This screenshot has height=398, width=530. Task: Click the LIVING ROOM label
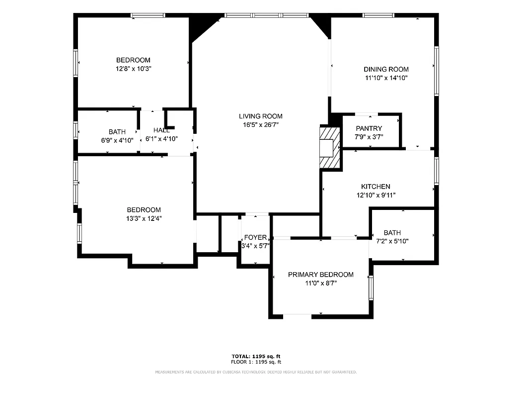click(260, 116)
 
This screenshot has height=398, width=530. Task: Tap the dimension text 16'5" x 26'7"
click(260, 125)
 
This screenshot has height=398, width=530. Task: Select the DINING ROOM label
click(386, 69)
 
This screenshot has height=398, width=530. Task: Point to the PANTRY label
click(369, 128)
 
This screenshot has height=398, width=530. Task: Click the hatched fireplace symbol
click(329, 148)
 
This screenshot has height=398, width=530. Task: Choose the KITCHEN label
click(375, 187)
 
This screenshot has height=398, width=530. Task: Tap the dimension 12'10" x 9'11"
click(375, 196)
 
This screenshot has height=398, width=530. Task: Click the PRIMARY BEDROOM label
click(321, 275)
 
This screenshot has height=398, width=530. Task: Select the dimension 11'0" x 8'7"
click(321, 284)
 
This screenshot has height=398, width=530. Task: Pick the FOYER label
click(255, 237)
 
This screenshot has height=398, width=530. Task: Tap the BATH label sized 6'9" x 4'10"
click(117, 132)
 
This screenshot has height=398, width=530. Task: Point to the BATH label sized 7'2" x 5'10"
click(392, 232)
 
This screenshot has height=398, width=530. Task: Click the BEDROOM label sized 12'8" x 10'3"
click(133, 60)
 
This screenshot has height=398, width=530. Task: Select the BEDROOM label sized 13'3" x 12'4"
click(144, 210)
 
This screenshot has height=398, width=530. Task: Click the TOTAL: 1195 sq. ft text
click(256, 356)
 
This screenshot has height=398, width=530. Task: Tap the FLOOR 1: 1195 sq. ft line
click(256, 362)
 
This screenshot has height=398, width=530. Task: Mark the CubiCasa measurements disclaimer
click(256, 372)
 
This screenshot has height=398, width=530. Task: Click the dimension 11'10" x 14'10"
click(386, 78)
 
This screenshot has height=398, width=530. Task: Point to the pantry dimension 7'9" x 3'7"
click(369, 137)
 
